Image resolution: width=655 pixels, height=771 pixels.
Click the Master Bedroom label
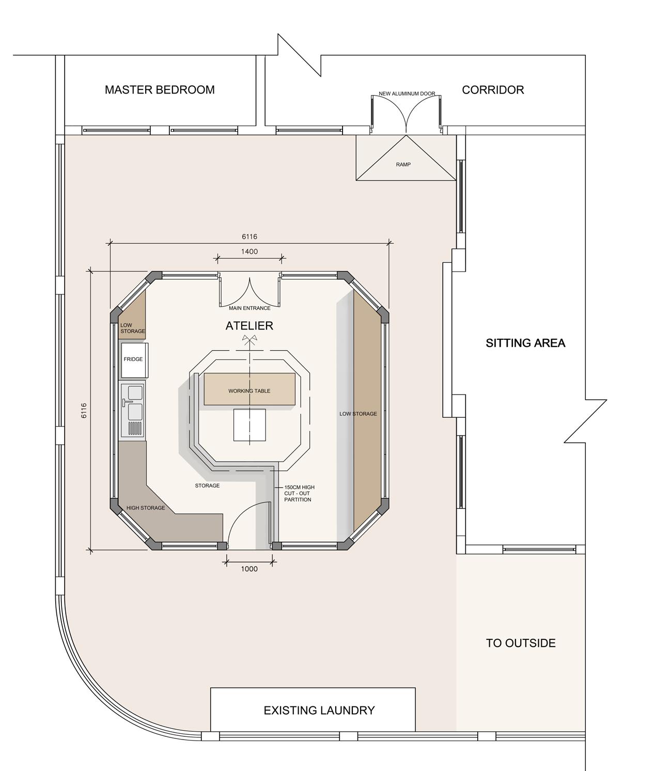pos(160,90)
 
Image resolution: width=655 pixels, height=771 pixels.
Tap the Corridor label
pos(492,90)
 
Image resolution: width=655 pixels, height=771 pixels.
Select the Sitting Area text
pos(525,343)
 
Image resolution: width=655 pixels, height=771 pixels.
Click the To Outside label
pos(520,643)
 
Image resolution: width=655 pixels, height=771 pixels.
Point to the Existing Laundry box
pos(313,710)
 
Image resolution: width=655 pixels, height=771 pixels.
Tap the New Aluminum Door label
pos(407,94)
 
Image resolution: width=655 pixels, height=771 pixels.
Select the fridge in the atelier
pos(134,360)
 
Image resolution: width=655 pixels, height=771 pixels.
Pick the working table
pos(249,389)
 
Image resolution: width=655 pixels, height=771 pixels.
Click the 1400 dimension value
pos(249,251)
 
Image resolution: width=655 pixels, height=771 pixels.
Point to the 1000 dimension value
pos(249,569)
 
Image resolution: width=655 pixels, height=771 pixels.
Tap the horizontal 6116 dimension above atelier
pos(249,237)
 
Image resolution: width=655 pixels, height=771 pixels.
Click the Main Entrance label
pos(249,308)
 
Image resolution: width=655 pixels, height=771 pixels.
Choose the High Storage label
pos(146,508)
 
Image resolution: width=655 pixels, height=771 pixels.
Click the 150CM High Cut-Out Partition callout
pos(299,493)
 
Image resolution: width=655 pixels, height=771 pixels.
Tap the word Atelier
pos(249,326)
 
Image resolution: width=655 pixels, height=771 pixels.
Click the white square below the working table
pos(249,424)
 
